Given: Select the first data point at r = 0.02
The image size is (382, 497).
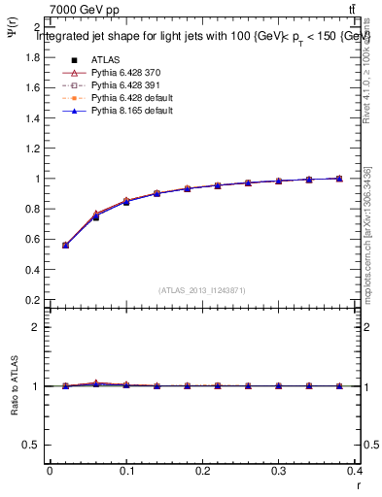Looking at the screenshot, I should click(x=65, y=245).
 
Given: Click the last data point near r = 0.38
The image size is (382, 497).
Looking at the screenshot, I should click(x=339, y=179).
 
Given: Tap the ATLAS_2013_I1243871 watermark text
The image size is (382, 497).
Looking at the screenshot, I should click(x=202, y=290).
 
